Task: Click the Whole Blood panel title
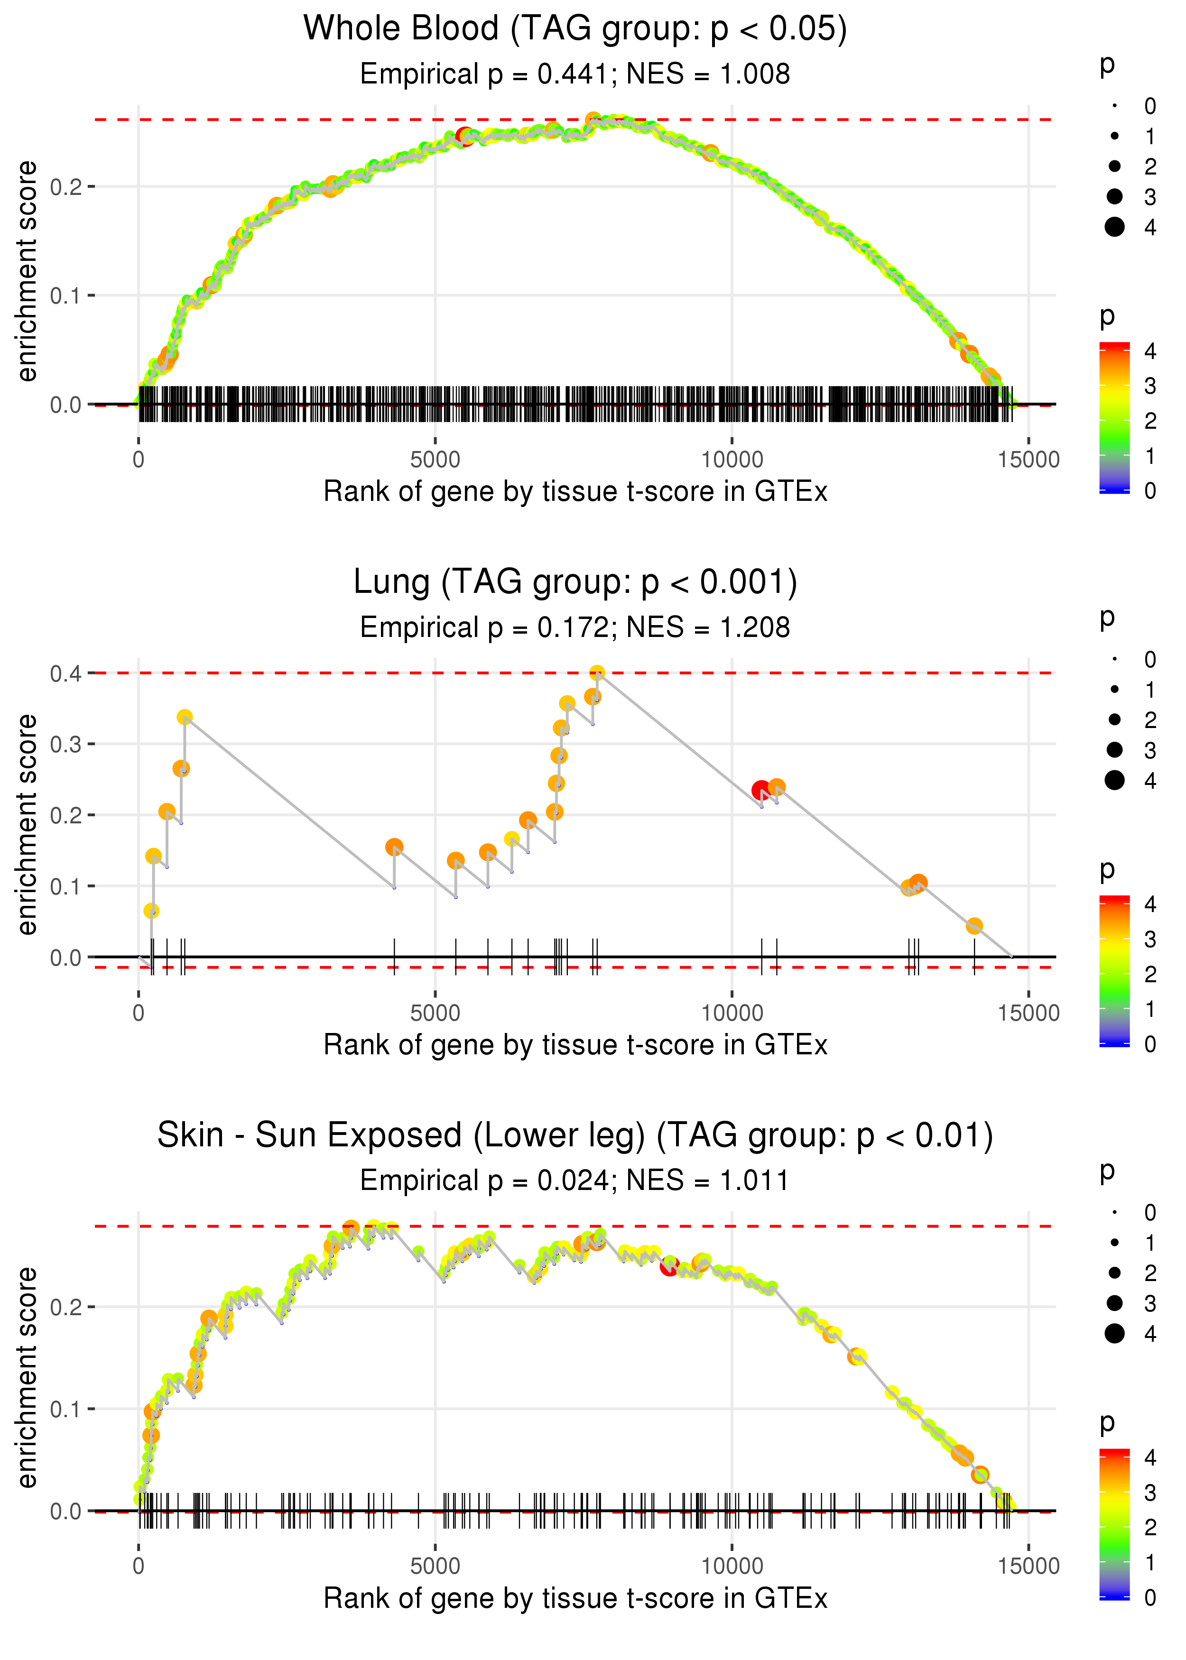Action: tap(575, 28)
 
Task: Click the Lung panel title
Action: tap(575, 582)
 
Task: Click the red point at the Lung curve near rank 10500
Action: tap(761, 790)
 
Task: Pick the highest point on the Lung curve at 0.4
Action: tap(597, 673)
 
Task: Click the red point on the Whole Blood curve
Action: tap(464, 136)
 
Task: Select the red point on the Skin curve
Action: tap(669, 1266)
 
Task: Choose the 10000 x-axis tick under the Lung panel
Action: tap(732, 1013)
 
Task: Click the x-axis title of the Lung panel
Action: tap(575, 1045)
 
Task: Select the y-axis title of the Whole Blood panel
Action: tap(27, 272)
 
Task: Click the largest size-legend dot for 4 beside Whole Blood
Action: tap(1114, 227)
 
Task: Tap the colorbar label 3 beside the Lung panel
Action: tap(1149, 940)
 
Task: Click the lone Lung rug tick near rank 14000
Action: tap(974, 956)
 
